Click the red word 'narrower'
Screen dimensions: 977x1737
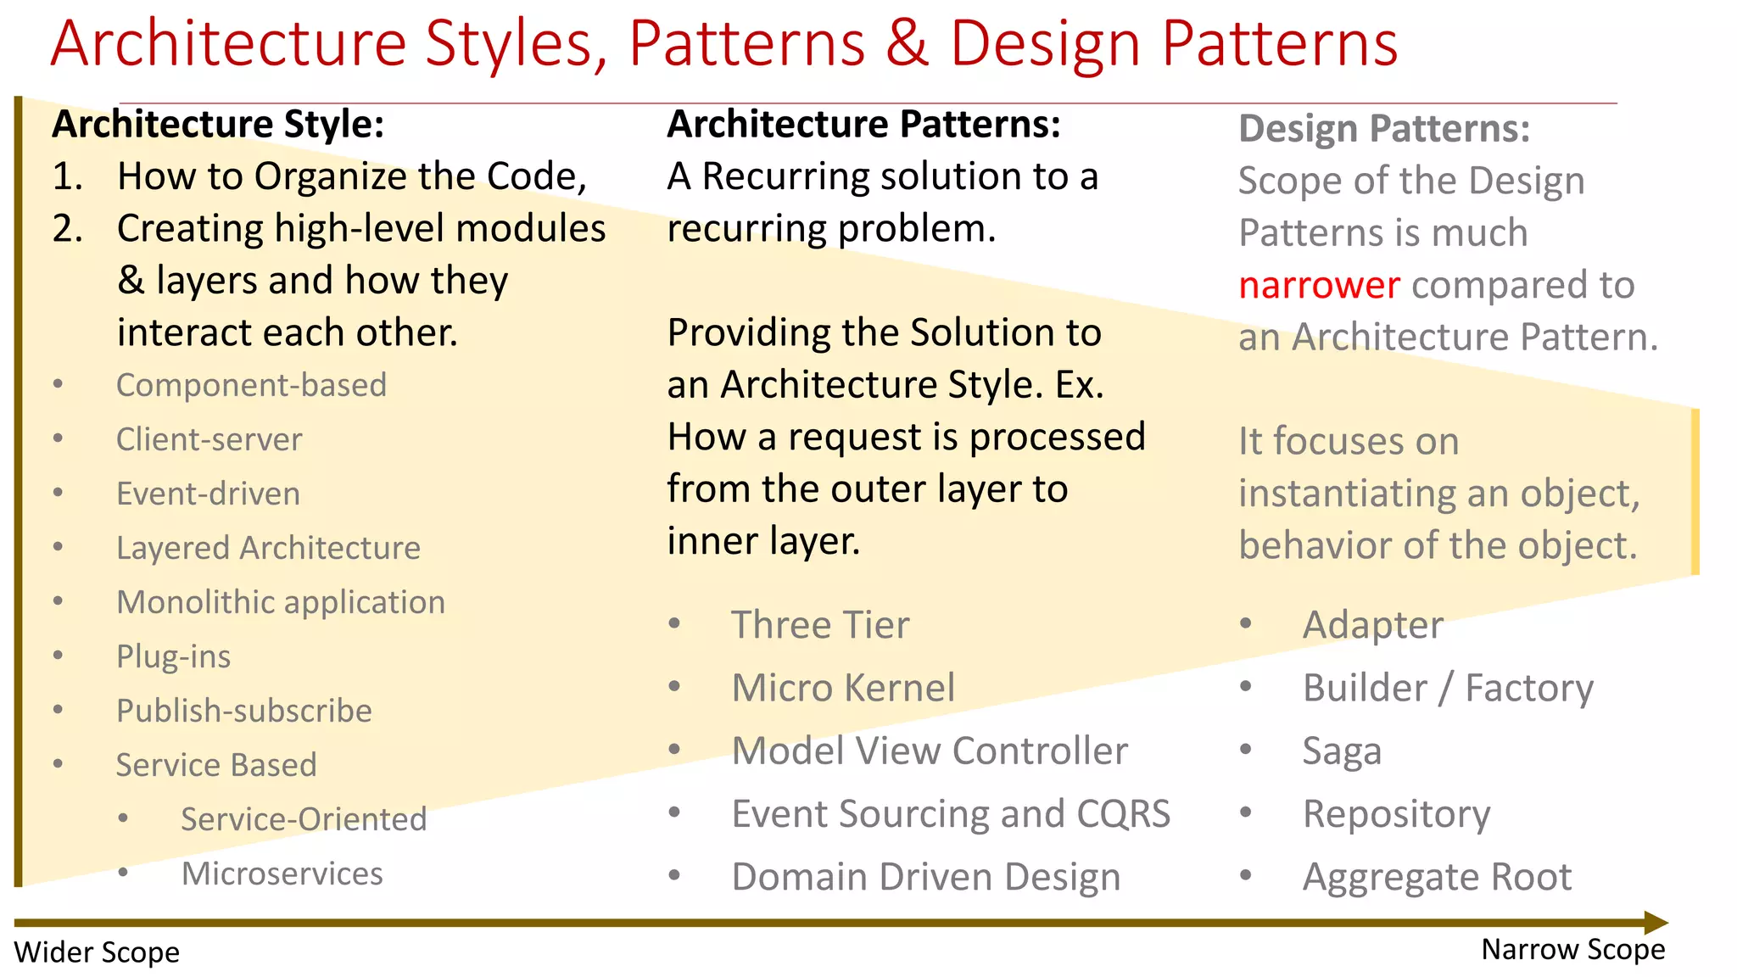point(1319,285)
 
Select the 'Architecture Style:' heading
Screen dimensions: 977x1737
point(218,125)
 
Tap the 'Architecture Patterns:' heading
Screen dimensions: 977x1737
point(863,125)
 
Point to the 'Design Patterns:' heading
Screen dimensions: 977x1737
point(1383,129)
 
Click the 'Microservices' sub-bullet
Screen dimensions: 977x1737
point(282,874)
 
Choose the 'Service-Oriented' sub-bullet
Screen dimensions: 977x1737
point(303,819)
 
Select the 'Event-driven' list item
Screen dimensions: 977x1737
point(208,494)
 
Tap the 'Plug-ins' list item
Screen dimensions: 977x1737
point(173,656)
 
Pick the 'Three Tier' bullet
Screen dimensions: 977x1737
point(819,625)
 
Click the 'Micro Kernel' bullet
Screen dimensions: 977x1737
point(842,688)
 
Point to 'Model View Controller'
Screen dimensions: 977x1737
point(929,751)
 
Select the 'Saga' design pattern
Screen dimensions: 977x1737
point(1341,751)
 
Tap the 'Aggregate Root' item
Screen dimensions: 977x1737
point(1436,877)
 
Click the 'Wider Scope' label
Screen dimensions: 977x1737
point(97,952)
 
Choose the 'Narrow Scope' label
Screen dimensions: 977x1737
point(1572,950)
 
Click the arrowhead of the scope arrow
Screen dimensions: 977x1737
point(1656,923)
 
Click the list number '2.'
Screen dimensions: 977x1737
point(67,229)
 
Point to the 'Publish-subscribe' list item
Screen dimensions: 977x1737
point(243,711)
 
